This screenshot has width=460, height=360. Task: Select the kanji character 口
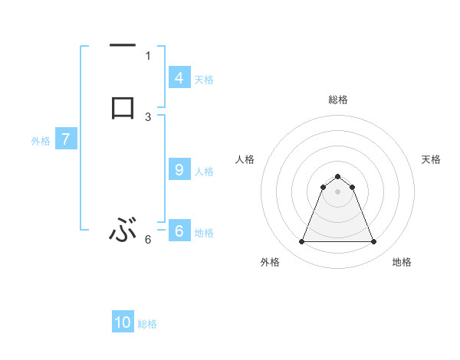coord(123,106)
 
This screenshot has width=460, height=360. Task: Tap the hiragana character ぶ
coord(123,229)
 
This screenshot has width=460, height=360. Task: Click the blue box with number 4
coord(179,78)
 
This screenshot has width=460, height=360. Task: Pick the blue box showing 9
coord(179,170)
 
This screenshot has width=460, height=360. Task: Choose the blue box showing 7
coord(66,139)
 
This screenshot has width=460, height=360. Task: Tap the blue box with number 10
coord(123,322)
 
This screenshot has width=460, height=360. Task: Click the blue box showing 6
coord(179,231)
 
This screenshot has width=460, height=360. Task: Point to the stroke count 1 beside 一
coord(148,55)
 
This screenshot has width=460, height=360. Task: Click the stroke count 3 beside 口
coord(148,117)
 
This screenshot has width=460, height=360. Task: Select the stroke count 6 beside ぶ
coord(148,240)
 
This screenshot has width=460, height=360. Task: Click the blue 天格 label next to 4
coord(204,80)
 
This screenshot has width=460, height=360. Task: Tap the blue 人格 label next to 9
coord(204,172)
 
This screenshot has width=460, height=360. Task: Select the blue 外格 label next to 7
coord(41,141)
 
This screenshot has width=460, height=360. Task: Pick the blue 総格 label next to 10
coord(147,324)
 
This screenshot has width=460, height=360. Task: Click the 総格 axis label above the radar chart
coord(337,100)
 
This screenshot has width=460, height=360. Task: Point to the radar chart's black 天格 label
coord(431,159)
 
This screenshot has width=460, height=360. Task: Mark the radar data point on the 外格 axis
coord(301,242)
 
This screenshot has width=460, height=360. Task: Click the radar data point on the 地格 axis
coord(373,242)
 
